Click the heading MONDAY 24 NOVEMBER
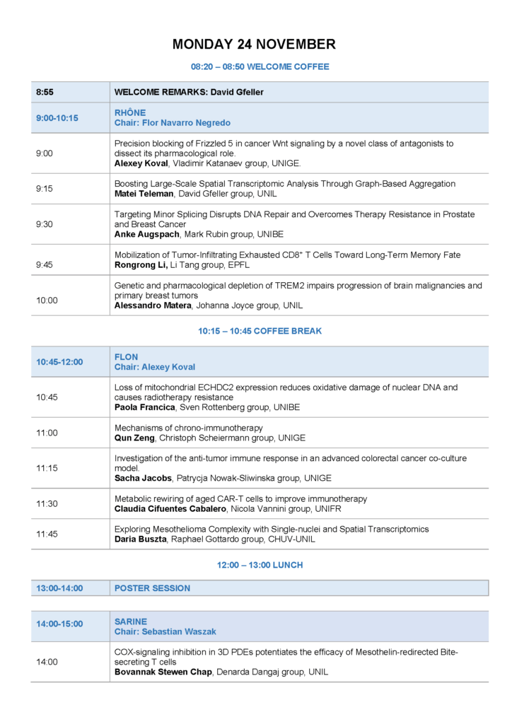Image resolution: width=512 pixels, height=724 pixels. click(x=254, y=45)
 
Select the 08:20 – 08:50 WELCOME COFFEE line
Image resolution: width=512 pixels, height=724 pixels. click(x=260, y=67)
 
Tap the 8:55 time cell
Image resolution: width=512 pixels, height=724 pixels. click(x=45, y=92)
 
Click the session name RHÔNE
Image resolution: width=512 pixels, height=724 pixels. click(x=130, y=112)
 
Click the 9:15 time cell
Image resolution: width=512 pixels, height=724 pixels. click(x=45, y=189)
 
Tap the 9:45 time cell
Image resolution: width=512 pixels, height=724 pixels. click(x=45, y=264)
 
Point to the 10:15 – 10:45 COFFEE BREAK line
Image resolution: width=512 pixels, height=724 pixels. click(x=260, y=331)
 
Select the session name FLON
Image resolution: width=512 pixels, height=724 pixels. click(x=127, y=357)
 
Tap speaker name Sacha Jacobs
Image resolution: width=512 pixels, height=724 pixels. click(x=143, y=478)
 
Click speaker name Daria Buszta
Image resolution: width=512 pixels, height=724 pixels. click(x=141, y=539)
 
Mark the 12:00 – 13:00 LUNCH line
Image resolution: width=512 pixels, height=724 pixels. click(x=260, y=566)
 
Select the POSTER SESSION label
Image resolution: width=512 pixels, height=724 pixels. click(x=152, y=588)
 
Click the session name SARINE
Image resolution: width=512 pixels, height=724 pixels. click(x=131, y=621)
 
